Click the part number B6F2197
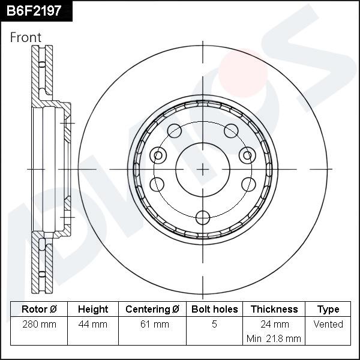[x=34, y=10]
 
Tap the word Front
[x=26, y=38]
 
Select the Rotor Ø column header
[x=39, y=310]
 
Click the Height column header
[x=93, y=310]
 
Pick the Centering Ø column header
[x=152, y=310]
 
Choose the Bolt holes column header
[x=214, y=310]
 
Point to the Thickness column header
[x=274, y=310]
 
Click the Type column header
[x=328, y=310]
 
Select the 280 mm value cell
[x=39, y=325]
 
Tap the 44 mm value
[x=93, y=325]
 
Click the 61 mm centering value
[x=152, y=325]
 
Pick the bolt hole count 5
[x=214, y=325]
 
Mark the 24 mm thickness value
[x=274, y=325]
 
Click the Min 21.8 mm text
[x=274, y=338]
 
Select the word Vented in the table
[x=328, y=325]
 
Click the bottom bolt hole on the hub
[x=203, y=217]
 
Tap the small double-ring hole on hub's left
[x=158, y=155]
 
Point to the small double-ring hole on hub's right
[x=247, y=155]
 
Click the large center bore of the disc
[x=203, y=170]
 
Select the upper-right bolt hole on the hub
[x=231, y=130]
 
